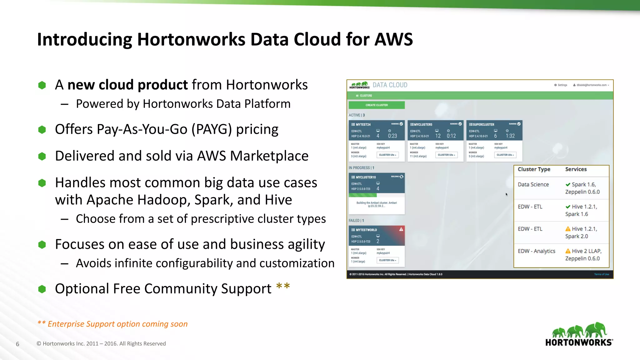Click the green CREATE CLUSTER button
377,105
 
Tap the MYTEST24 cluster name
363,124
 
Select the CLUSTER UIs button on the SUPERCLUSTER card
505,155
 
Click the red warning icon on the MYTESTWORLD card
401,229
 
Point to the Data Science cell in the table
533,184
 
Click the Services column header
576,169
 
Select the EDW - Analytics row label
536,251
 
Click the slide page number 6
17,344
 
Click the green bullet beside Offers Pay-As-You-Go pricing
42,129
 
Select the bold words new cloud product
127,85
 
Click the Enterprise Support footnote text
117,324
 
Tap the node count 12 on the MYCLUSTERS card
438,136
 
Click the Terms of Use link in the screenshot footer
601,274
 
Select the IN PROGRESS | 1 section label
361,168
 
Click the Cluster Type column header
534,169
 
